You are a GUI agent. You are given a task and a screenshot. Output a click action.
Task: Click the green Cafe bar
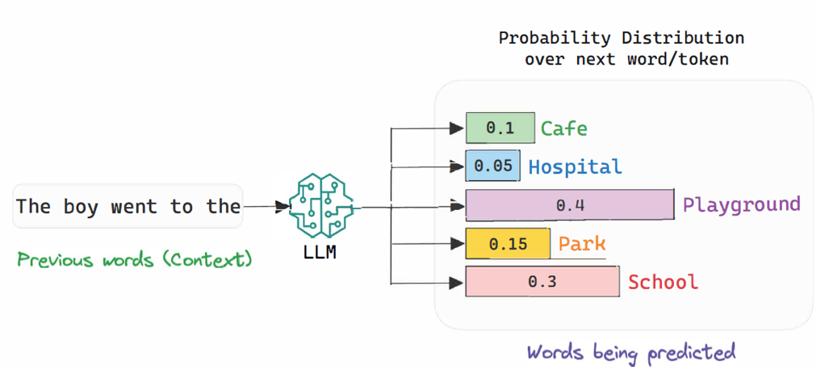[500, 128]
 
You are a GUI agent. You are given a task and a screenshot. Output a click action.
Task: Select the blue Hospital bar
[493, 166]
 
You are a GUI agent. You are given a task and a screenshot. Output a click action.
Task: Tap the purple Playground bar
[569, 205]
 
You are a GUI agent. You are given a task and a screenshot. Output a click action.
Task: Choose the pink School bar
[542, 281]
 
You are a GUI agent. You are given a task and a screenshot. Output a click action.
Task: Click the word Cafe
[563, 128]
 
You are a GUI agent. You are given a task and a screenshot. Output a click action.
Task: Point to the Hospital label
[575, 167]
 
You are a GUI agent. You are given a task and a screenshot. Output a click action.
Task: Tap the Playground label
[741, 204]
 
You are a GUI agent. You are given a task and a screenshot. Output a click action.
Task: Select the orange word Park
[582, 243]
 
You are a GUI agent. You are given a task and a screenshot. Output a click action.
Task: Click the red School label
[663, 282]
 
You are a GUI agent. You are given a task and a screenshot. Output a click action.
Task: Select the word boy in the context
[80, 207]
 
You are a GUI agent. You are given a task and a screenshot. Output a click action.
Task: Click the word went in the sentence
[134, 207]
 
